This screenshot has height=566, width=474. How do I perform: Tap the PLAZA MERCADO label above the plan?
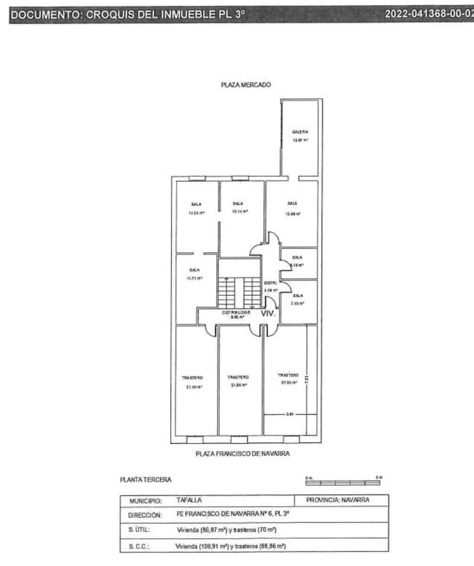[246, 85]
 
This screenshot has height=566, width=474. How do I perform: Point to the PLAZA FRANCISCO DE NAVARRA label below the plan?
[242, 454]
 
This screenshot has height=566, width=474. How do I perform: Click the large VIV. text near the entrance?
[268, 313]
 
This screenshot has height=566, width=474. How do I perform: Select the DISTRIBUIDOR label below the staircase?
[236, 313]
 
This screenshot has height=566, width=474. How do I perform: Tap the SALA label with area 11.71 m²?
[194, 270]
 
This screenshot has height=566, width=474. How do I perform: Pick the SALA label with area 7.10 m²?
[297, 296]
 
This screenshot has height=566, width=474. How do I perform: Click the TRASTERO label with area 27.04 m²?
[287, 375]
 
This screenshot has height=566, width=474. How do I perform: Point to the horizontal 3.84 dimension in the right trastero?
[290, 415]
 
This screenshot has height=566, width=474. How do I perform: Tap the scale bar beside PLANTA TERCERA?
[343, 482]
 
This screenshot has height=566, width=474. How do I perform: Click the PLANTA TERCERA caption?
[146, 480]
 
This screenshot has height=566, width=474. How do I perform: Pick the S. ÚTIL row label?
[139, 530]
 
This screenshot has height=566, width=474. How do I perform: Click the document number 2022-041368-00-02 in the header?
[428, 14]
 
